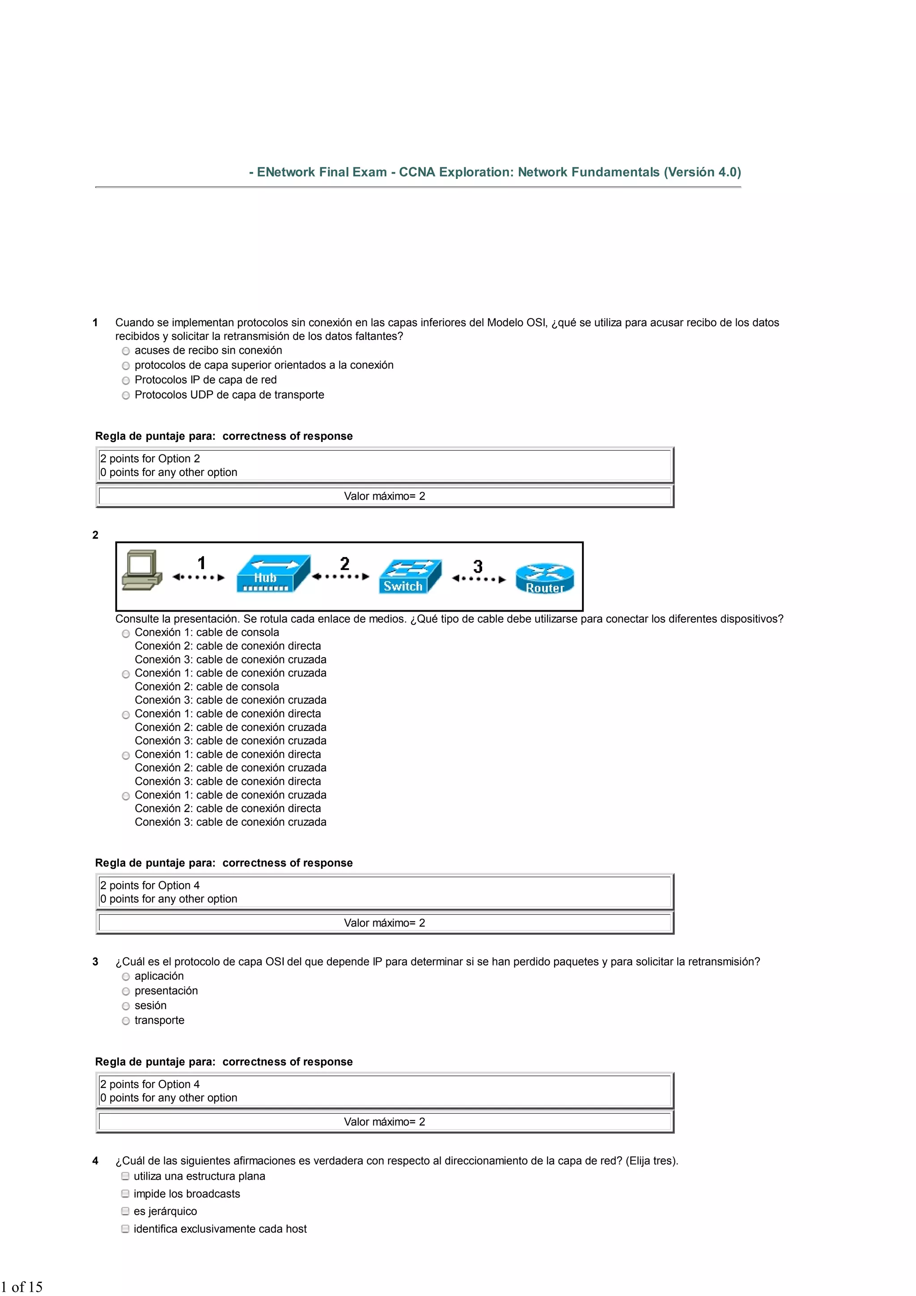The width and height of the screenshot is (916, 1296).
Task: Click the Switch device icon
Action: click(x=409, y=576)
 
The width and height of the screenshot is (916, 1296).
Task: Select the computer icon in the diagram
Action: click(x=142, y=570)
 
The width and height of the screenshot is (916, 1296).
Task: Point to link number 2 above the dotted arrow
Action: click(x=345, y=563)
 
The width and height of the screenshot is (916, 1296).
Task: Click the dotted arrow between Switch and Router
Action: click(x=478, y=578)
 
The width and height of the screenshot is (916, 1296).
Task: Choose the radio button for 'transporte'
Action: click(x=126, y=1020)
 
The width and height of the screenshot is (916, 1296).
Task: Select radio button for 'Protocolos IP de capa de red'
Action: click(x=126, y=380)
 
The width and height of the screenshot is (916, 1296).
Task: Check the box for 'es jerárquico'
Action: click(x=125, y=1211)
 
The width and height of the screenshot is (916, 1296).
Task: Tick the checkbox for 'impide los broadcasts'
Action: click(x=125, y=1193)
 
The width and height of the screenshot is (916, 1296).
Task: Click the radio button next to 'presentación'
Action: click(x=126, y=991)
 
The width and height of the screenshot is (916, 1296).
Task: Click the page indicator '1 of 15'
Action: click(x=21, y=1287)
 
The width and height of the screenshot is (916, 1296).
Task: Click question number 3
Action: click(x=95, y=962)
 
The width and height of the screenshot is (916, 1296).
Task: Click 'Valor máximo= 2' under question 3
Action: click(x=384, y=1122)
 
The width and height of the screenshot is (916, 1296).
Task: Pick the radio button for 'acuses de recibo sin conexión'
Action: click(x=126, y=351)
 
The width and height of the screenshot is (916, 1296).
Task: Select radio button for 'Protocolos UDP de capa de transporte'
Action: click(x=126, y=395)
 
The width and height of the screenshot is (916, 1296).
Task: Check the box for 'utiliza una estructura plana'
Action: click(x=125, y=1176)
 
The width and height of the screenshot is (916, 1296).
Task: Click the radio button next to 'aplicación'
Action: click(x=126, y=977)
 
